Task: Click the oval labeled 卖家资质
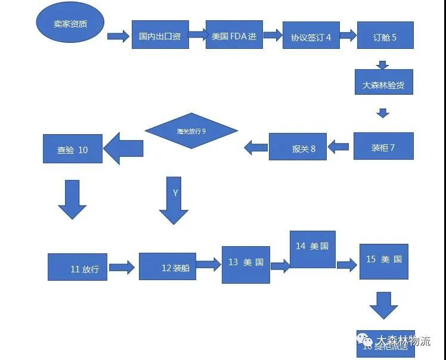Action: point(70,24)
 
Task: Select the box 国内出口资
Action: point(160,36)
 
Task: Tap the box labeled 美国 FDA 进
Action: point(234,36)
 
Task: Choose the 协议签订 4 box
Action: point(310,37)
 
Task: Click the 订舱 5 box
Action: point(385,37)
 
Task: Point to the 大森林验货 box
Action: point(383,84)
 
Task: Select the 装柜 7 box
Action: point(383,147)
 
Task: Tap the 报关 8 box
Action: point(298,147)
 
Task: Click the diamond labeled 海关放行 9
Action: point(191,131)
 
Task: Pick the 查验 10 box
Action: point(73,149)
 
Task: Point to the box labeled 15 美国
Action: point(384,260)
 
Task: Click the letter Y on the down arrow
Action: point(175,193)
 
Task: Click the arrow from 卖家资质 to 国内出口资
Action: point(118,36)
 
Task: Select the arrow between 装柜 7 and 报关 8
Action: point(340,147)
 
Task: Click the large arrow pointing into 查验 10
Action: point(123,147)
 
